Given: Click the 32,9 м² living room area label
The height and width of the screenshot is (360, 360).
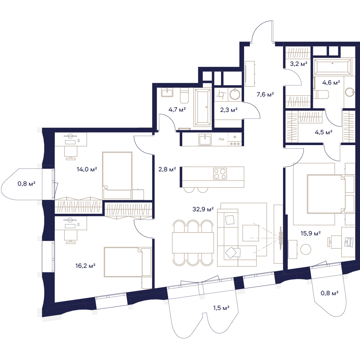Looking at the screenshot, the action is [203, 209].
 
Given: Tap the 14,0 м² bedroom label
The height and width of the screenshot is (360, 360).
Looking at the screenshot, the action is [87, 170].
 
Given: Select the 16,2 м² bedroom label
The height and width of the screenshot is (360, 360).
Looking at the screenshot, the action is [85, 266].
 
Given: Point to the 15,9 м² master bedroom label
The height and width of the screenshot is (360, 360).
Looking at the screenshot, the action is [311, 234].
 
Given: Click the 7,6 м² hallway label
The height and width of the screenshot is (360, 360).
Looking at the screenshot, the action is [265, 94].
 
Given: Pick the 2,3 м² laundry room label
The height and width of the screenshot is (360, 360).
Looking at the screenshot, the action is [229, 110].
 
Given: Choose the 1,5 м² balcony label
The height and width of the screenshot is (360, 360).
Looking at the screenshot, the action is [221, 308].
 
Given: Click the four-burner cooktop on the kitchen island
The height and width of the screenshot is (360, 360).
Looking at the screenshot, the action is [220, 174].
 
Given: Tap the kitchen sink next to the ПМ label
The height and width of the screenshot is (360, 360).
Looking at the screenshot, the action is [205, 140].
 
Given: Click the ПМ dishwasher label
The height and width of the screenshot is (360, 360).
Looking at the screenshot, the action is [221, 139].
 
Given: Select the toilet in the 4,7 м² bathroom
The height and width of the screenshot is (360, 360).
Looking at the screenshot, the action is [184, 96].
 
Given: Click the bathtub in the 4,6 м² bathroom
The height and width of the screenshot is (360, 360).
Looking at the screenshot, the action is [332, 67].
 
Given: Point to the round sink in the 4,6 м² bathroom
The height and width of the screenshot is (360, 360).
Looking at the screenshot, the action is [350, 92].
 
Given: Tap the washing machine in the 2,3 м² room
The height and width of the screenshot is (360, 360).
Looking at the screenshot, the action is [221, 94].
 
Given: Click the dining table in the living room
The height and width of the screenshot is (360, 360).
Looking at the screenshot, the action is [193, 243].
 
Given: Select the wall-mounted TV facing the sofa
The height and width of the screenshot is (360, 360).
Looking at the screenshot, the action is [280, 238].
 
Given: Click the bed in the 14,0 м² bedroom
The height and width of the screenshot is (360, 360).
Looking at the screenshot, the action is [117, 175].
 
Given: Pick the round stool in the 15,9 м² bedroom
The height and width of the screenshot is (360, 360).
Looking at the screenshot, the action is [306, 249].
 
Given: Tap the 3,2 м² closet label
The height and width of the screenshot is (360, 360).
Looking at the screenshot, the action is [298, 64].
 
